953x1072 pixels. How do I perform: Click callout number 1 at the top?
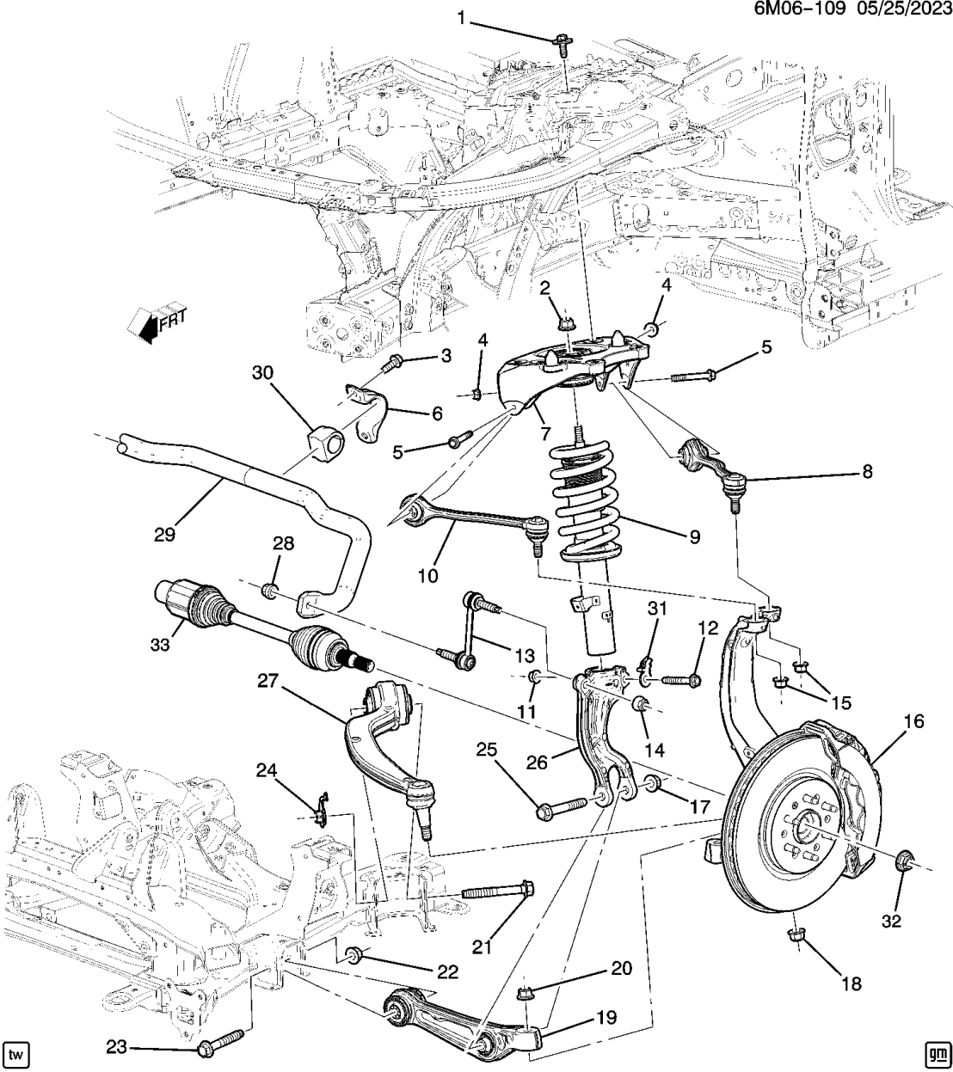tap(460, 17)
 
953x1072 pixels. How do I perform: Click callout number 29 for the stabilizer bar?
tap(165, 535)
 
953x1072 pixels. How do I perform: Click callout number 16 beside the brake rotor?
tap(913, 721)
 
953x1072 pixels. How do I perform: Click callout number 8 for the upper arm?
tap(866, 471)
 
